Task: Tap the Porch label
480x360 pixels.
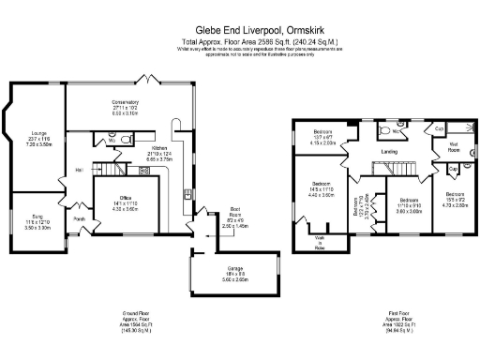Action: click(79, 220)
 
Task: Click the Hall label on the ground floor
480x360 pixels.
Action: click(80, 169)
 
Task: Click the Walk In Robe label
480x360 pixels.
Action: click(320, 246)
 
